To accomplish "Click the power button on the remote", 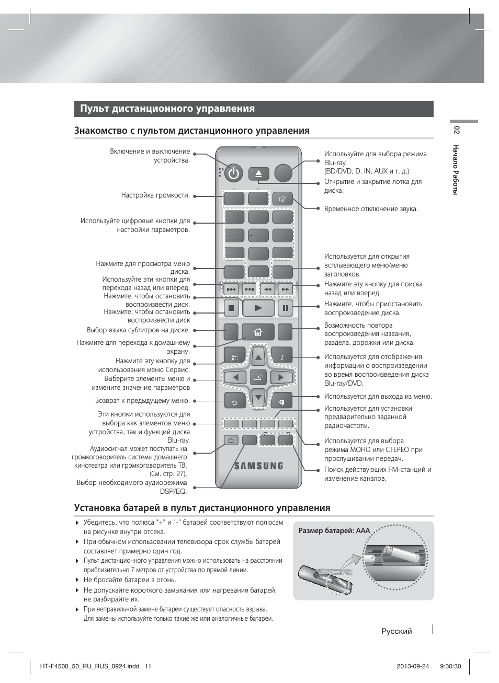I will pos(234,173).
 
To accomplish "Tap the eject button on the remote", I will pos(258,173).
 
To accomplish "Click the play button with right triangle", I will pos(258,308).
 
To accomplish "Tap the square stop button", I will pos(231,308).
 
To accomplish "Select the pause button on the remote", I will pos(285,308).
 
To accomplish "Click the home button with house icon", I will pos(258,332).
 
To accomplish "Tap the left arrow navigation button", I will pos(235,377).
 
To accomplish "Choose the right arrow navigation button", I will pos(281,377).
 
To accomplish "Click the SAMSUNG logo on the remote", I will pos(258,466).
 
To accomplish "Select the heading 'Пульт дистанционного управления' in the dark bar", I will pos(167,109).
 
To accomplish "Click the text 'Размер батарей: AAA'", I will pos(334,530).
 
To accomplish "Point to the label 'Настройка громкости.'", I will pos(155,195).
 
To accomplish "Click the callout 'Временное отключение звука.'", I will pos(371,209).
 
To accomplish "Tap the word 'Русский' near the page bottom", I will pos(396,631).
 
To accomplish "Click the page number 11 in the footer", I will pos(148,666).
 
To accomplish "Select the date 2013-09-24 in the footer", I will pos(413,666).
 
